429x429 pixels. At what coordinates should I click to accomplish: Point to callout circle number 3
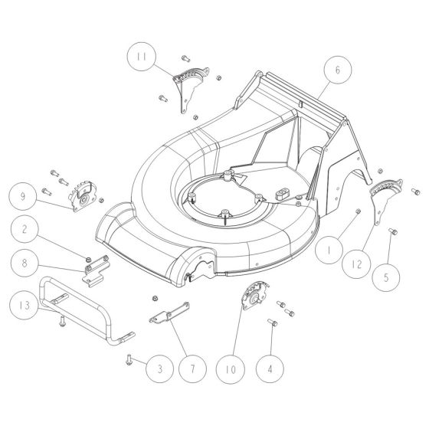[x=160, y=368]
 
